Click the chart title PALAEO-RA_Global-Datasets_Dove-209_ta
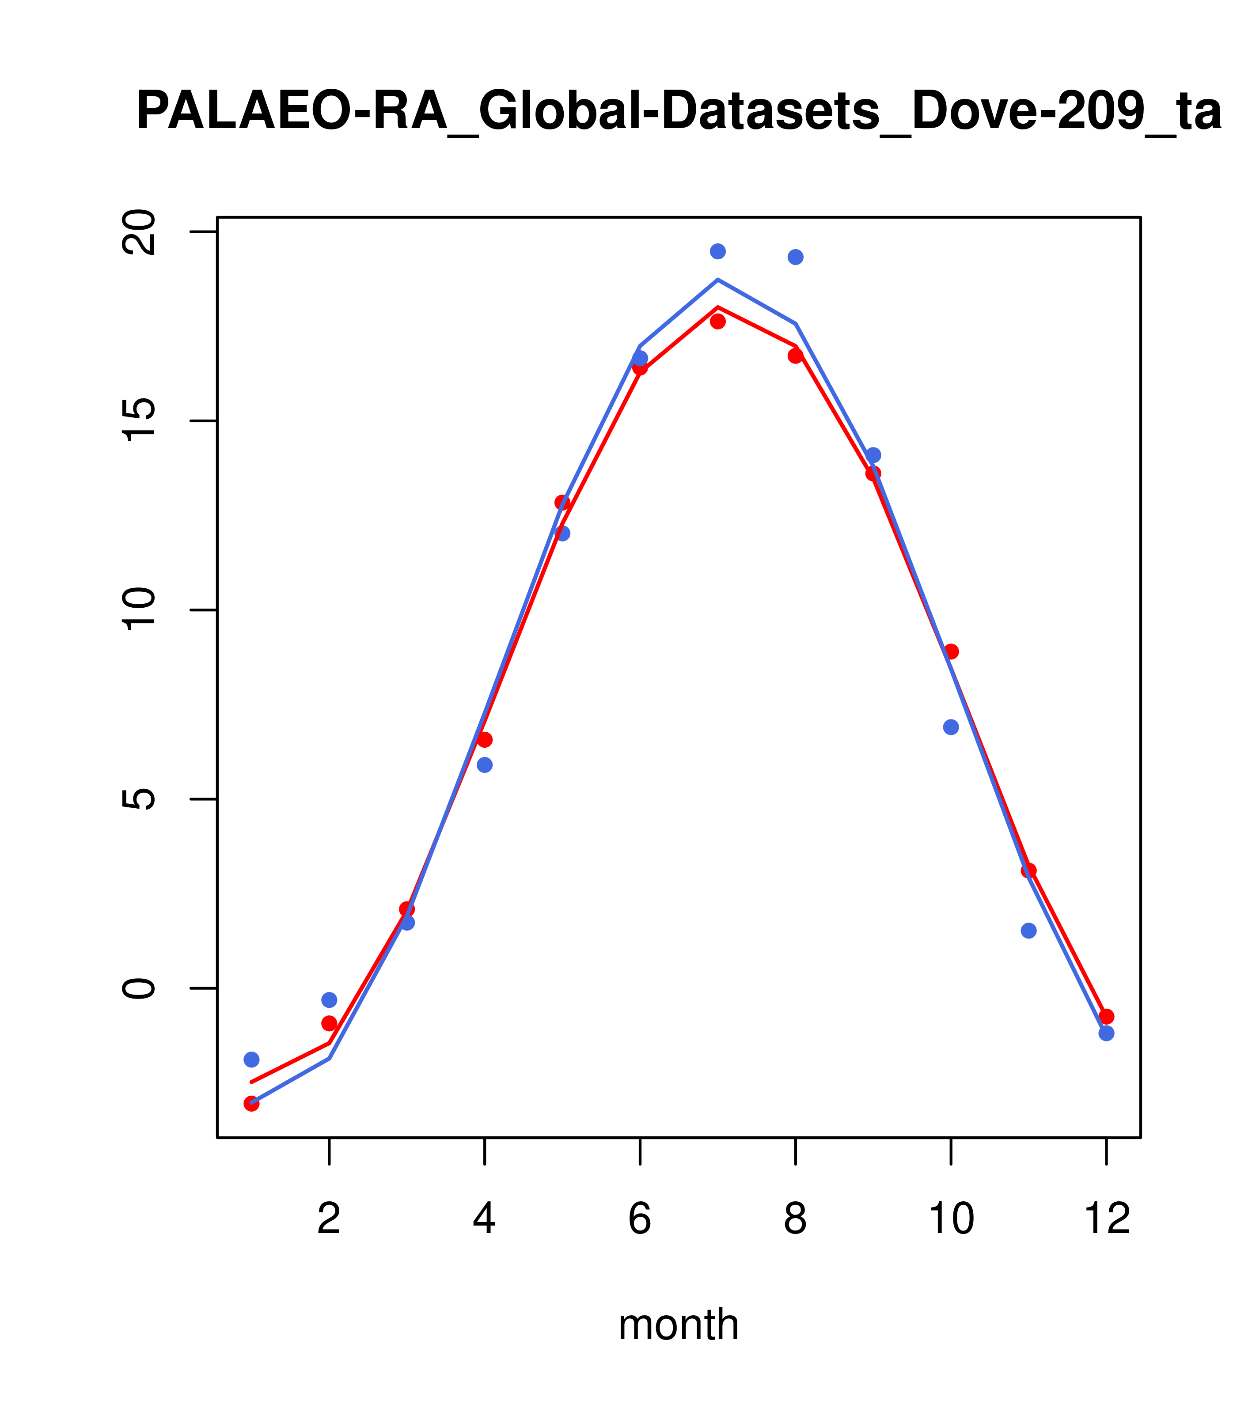pos(679,112)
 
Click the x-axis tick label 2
pos(330,1220)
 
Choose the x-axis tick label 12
pos(1107,1220)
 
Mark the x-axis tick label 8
pos(795,1220)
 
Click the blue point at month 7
pos(718,251)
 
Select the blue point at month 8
pos(796,257)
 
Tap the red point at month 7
pos(718,321)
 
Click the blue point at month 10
pos(951,727)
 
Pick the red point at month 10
pos(951,651)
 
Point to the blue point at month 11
pos(1029,931)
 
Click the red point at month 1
pos(251,1104)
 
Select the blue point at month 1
pos(251,1060)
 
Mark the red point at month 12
pos(1107,1017)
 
